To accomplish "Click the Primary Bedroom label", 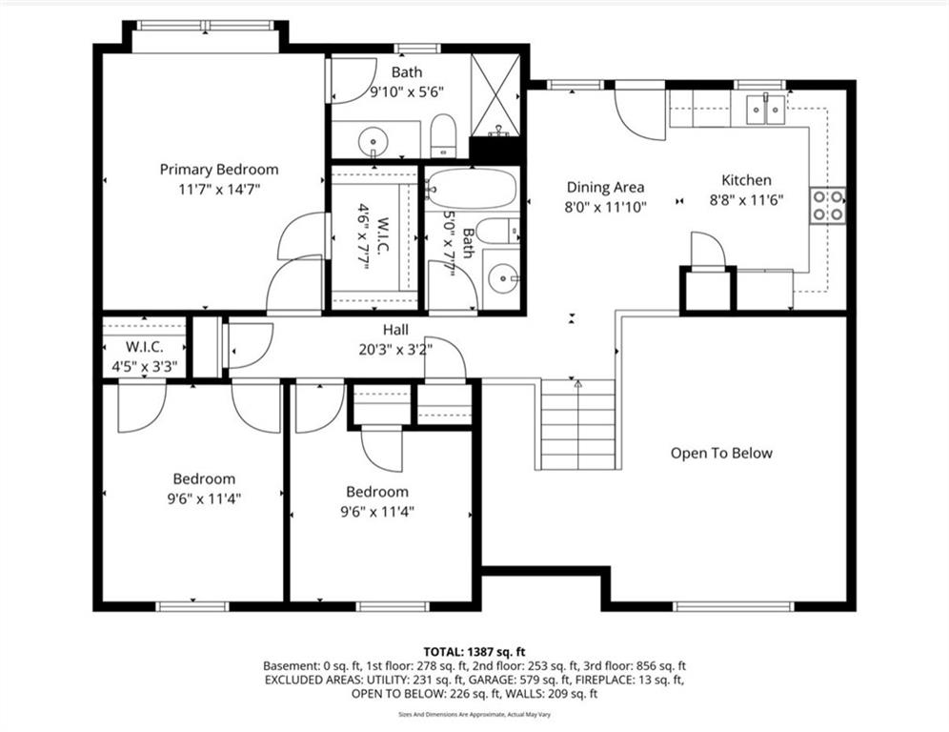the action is (x=219, y=170).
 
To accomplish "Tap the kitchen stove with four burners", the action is (x=828, y=205).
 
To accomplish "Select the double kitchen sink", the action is (x=766, y=110).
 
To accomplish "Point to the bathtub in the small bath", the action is (x=472, y=190).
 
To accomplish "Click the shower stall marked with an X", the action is (x=495, y=95).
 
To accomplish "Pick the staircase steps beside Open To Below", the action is (x=578, y=424).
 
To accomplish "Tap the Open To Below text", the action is (x=721, y=453).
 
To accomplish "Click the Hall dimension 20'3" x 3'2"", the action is (x=395, y=350).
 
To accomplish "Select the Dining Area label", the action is (x=605, y=187).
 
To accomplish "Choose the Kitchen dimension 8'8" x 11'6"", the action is (x=746, y=199).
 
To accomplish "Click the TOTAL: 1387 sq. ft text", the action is (x=474, y=652).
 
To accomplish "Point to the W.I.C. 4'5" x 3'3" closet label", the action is (x=144, y=356).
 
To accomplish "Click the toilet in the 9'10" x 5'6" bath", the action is (x=443, y=135).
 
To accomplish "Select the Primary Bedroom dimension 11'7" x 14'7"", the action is (x=219, y=190).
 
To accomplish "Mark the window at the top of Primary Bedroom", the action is (x=205, y=26).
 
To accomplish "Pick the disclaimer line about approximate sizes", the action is (x=474, y=715).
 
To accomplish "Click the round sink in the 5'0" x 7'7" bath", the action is (x=503, y=279).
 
